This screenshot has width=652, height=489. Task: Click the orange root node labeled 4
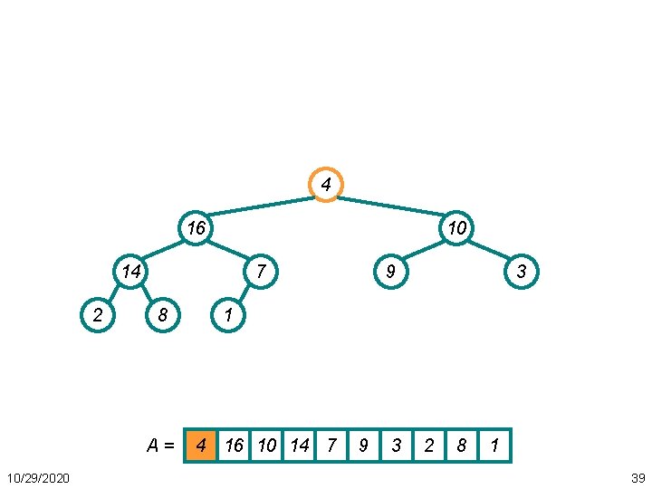click(326, 185)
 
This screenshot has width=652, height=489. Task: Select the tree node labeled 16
click(196, 228)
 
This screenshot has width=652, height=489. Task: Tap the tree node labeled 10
click(456, 228)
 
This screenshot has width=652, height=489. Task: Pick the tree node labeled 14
click(131, 271)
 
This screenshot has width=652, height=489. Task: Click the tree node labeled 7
click(261, 271)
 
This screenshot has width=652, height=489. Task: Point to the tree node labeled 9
click(390, 271)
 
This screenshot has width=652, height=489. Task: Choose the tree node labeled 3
click(521, 271)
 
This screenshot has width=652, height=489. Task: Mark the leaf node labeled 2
click(98, 314)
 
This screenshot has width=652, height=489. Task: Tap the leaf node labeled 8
click(163, 314)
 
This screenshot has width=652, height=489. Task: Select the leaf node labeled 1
click(228, 314)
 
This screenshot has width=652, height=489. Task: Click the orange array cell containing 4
click(201, 446)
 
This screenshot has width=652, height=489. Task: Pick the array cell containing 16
click(234, 446)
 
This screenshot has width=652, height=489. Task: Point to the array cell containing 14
click(299, 446)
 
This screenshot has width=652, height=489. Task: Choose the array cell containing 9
click(363, 446)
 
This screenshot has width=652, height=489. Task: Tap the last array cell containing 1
click(494, 446)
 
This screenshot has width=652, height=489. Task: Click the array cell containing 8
click(462, 446)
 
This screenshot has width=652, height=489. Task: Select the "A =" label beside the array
click(162, 446)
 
